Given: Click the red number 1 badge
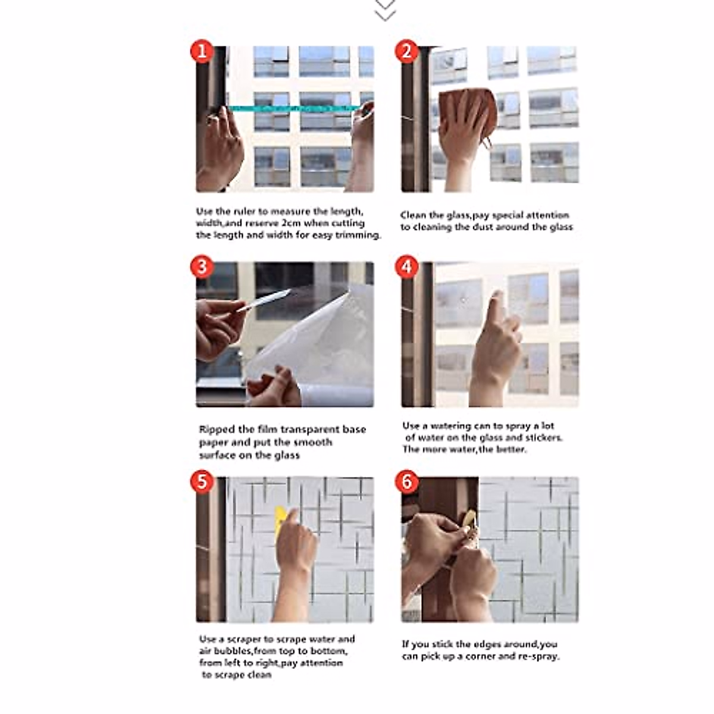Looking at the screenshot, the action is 202,51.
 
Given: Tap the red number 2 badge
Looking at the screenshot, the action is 407,51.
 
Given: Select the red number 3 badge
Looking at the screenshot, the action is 202,267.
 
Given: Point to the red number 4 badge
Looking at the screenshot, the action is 407,267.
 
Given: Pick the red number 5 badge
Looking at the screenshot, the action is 202,482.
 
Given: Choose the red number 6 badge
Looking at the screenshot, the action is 407,482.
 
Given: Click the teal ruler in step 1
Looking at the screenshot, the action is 295,108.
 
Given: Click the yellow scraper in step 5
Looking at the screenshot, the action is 280,521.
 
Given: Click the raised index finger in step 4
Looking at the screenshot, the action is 496,308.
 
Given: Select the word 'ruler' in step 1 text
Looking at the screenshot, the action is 245,212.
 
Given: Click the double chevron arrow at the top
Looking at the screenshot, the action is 385,10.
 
